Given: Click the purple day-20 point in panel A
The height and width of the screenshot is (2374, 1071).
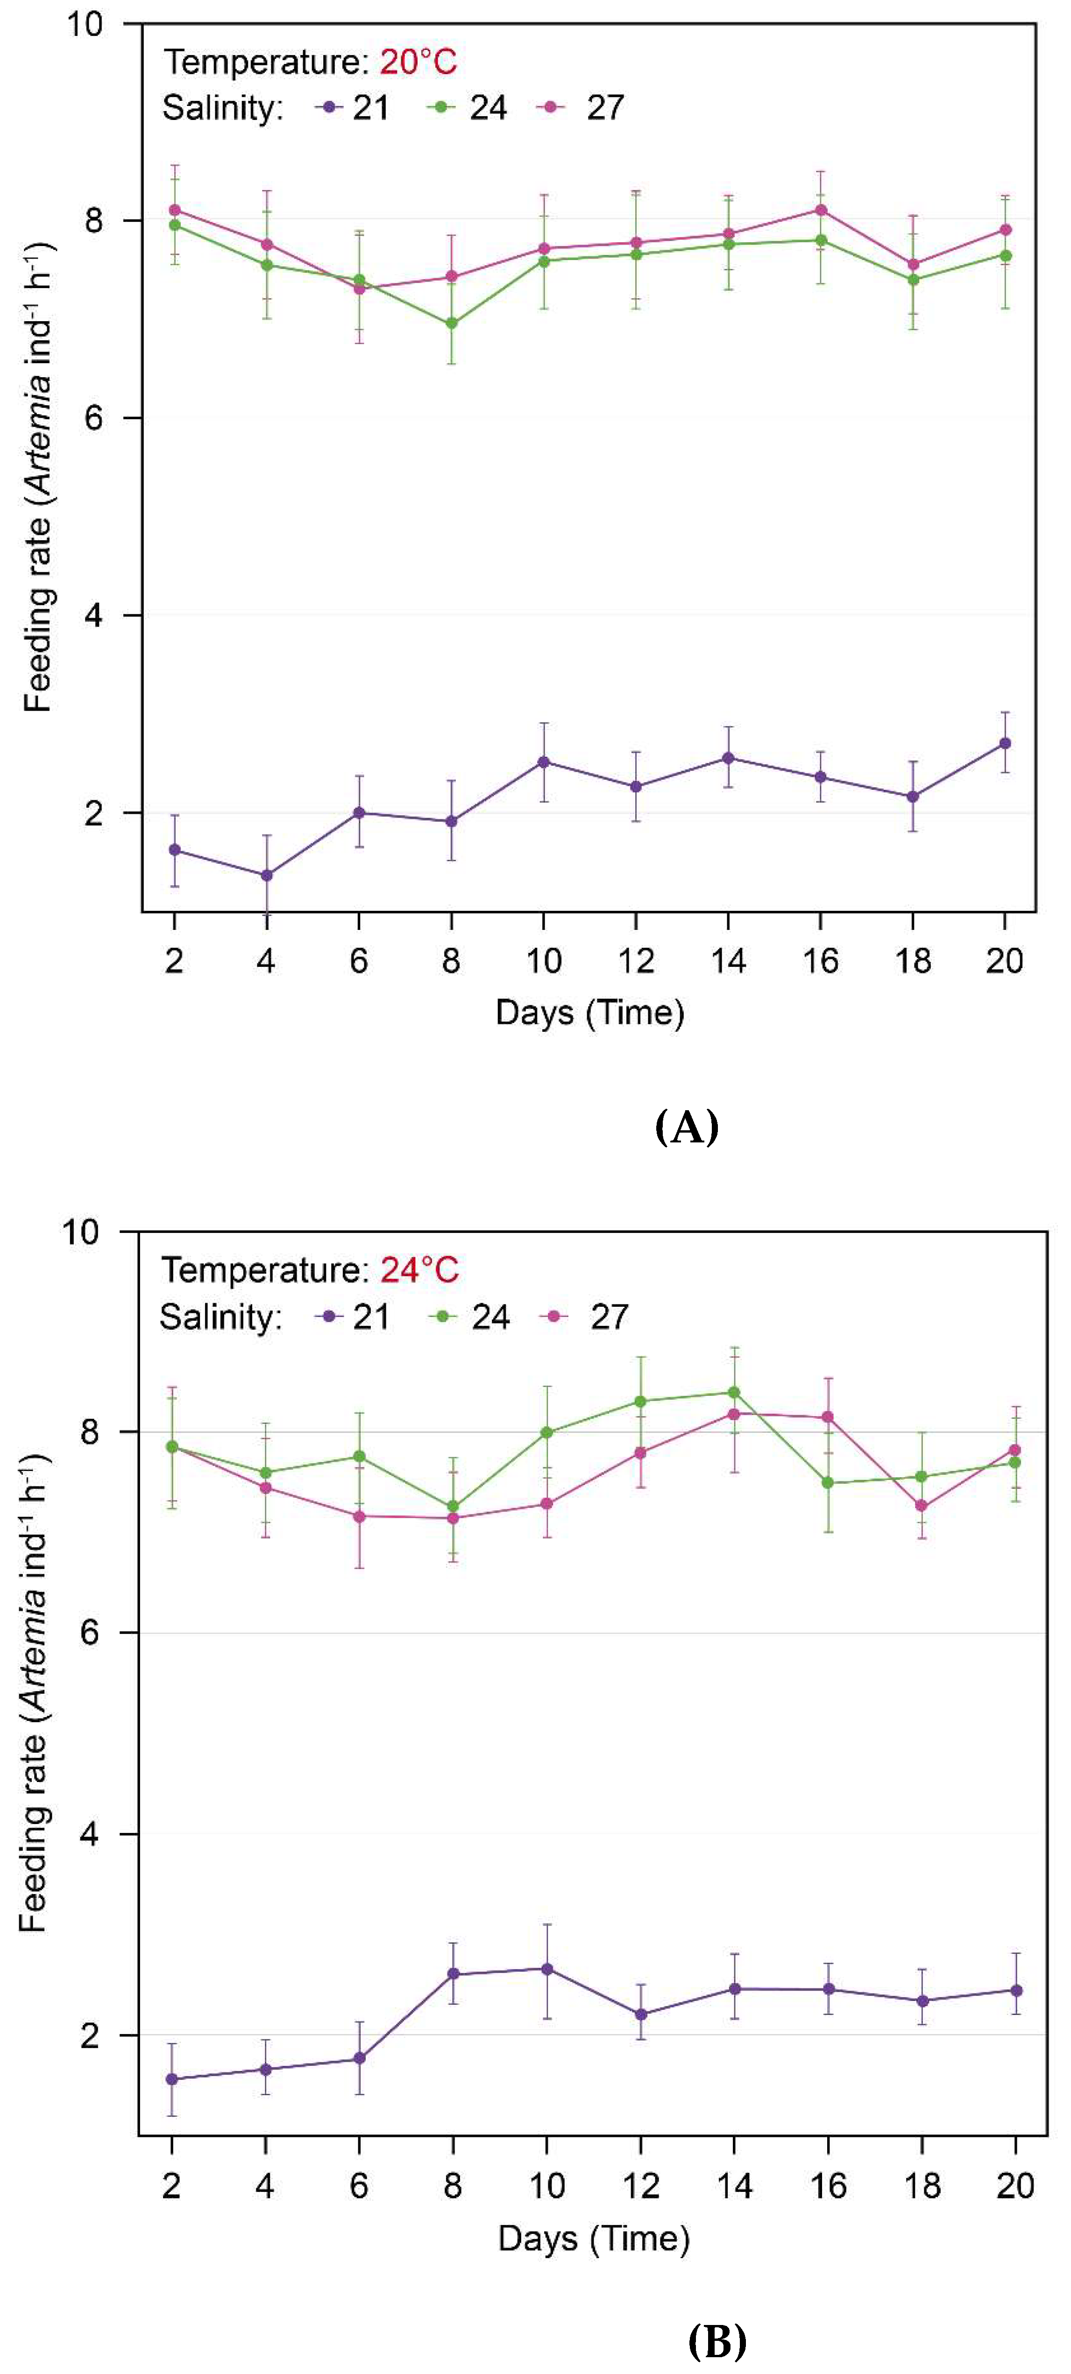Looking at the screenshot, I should (x=1005, y=743).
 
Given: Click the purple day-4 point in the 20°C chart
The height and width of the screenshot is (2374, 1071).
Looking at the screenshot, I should (x=266, y=874).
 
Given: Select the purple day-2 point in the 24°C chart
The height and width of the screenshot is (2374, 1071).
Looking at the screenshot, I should (x=171, y=2079).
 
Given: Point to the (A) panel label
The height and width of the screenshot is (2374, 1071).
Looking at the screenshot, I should (x=687, y=1126).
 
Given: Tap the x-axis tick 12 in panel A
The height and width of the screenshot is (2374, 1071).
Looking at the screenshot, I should (x=636, y=961).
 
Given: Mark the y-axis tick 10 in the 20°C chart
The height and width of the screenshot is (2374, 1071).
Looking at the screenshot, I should (x=85, y=24).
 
